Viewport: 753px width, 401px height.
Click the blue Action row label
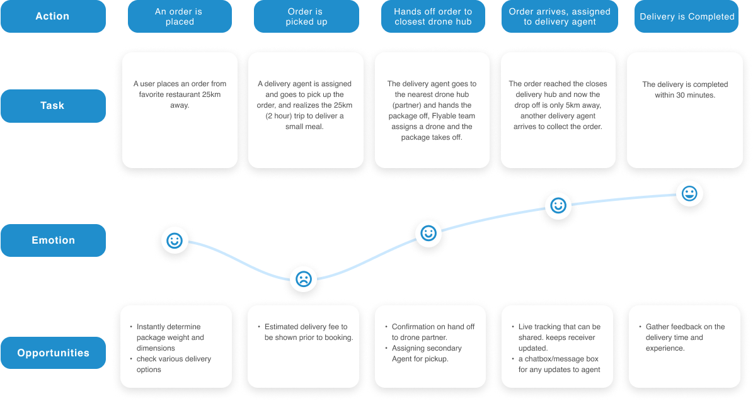point(53,16)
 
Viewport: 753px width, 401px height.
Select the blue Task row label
point(53,106)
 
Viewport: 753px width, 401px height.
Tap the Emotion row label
point(53,240)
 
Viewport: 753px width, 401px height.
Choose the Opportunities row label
point(53,353)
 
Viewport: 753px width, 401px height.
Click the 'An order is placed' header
point(180,16)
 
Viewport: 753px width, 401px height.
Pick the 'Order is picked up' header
point(306,16)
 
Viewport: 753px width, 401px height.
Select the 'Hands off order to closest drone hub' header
point(433,16)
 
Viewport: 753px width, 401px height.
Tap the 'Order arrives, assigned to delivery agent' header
point(558,16)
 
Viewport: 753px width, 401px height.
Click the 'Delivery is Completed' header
point(687,16)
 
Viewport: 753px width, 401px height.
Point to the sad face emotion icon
point(304,278)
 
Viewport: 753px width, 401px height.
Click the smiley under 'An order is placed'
point(175,240)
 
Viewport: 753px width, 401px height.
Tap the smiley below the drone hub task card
point(428,234)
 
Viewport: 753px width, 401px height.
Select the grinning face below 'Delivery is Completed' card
point(689,193)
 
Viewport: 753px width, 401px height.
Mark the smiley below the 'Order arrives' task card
point(558,205)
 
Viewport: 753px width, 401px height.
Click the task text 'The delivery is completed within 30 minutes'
point(685,89)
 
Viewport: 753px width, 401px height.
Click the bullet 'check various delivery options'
point(174,364)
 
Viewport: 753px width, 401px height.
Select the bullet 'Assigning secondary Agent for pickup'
point(427,354)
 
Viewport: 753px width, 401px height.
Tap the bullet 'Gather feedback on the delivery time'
point(685,337)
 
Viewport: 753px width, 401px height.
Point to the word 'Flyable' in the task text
point(445,116)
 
